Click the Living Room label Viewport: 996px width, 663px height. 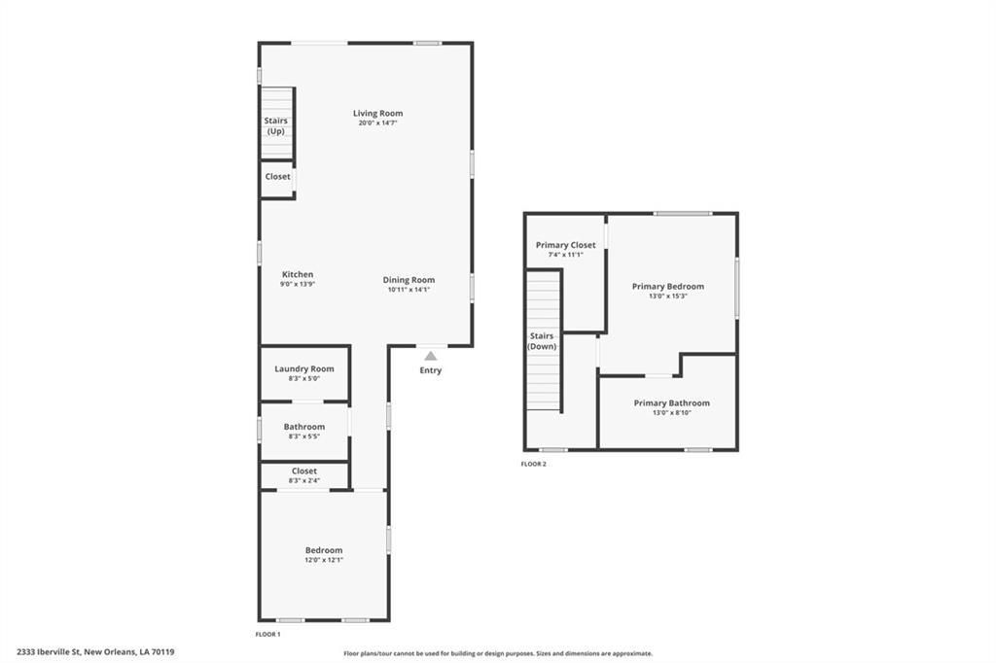coord(378,113)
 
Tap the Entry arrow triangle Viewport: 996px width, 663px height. coord(431,356)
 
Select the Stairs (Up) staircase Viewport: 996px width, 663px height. coord(277,123)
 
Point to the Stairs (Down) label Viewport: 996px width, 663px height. coord(542,341)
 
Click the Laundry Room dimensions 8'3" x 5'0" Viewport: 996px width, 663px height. coord(304,378)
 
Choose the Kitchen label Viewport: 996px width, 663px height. coord(298,274)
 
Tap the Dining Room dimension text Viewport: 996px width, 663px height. coord(409,290)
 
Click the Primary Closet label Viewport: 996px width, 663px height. coord(565,245)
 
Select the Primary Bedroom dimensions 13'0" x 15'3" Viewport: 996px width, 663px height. coord(668,296)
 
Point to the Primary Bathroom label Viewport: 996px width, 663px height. coord(672,402)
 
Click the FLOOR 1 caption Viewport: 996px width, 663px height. coord(267,634)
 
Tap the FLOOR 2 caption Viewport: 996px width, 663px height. coord(534,464)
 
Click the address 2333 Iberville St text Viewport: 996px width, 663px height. coord(50,651)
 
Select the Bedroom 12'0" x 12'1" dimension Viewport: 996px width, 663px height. coord(324,560)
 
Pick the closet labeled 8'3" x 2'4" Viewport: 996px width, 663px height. coord(304,475)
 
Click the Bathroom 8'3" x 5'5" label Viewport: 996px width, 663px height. coord(304,432)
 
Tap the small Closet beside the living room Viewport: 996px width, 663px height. coord(277,180)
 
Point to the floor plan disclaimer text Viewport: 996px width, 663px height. coord(498,653)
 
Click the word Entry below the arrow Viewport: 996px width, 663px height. coord(431,370)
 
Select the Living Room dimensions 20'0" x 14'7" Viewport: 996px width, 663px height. coord(378,123)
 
